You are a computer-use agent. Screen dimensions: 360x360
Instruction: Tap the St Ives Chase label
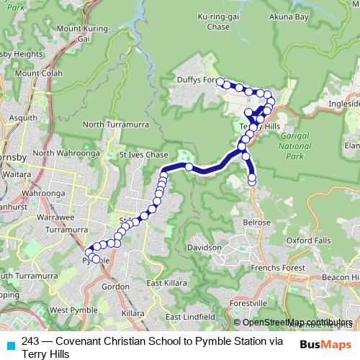point(143,155)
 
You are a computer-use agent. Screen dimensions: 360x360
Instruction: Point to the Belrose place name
point(258,223)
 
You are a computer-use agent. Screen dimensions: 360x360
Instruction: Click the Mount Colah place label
point(40,73)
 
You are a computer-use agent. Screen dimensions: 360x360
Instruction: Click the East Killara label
point(163,283)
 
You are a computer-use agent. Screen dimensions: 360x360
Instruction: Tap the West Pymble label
point(69,310)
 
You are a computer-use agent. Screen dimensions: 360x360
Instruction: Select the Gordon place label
point(116,286)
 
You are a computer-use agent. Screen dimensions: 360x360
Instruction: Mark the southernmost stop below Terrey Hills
point(252,181)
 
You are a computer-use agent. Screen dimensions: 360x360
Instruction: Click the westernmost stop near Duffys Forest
point(219,81)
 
